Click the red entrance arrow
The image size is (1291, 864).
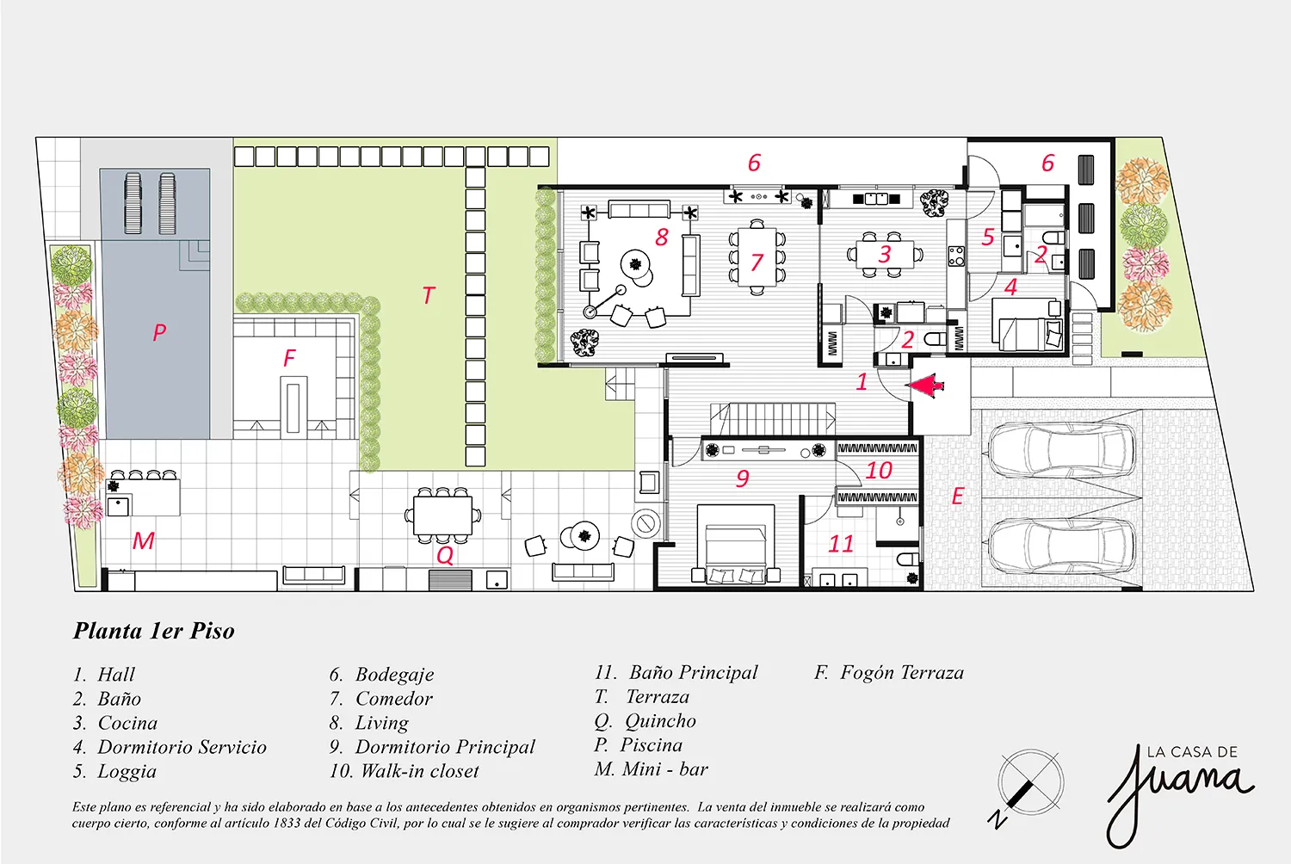(925, 386)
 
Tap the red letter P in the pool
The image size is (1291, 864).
(159, 332)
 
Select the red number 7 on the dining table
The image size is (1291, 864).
(757, 262)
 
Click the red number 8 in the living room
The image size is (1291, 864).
(662, 237)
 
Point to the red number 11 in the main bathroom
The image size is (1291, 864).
(840, 544)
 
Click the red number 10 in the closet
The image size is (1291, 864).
(879, 471)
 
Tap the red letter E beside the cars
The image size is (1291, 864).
(957, 496)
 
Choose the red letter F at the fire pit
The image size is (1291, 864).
(289, 358)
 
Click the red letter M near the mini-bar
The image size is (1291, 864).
(144, 540)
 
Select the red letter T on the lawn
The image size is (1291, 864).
(429, 295)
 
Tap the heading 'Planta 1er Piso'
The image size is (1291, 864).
(154, 631)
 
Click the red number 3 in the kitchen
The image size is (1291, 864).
(885, 254)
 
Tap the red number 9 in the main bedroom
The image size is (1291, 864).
(742, 478)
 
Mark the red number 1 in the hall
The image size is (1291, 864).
(862, 381)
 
